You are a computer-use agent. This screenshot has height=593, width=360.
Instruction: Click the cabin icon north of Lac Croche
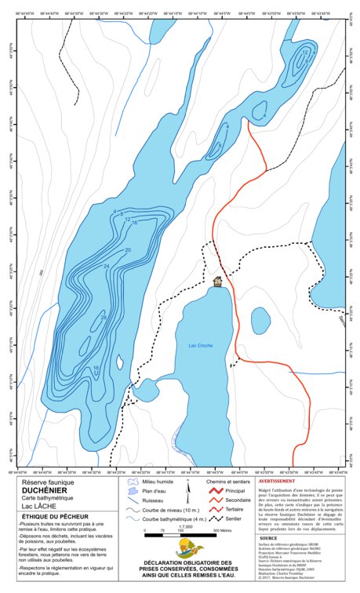click(217, 281)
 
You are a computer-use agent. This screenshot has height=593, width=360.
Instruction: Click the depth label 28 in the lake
click(103, 317)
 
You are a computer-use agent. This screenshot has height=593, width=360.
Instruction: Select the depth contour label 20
click(128, 249)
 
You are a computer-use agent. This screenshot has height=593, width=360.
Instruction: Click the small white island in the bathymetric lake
click(119, 362)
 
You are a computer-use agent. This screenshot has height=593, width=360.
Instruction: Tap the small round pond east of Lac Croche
click(260, 320)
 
